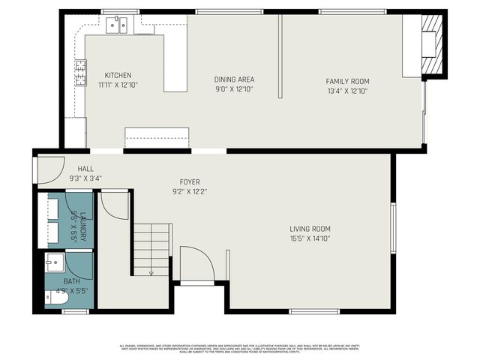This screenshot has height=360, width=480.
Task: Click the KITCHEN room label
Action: tap(118, 75)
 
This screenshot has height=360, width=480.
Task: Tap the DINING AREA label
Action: tap(234, 79)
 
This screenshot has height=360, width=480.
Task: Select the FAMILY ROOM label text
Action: tap(347, 81)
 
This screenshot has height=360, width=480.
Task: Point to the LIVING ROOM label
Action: tap(310, 229)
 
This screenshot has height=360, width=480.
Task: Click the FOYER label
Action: tap(189, 181)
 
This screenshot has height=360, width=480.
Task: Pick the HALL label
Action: tap(85, 169)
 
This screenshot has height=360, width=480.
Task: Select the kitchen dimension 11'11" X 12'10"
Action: tap(118, 85)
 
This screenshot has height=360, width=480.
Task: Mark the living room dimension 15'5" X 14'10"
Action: tap(310, 238)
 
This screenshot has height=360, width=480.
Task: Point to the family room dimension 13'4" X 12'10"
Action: tap(347, 91)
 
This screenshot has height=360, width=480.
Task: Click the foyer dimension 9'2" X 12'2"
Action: tap(189, 191)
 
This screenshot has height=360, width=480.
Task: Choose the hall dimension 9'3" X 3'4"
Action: tap(85, 178)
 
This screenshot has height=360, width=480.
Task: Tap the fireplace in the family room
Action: tap(430, 45)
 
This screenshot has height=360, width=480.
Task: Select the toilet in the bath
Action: tap(56, 298)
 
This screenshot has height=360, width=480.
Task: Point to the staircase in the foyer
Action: tap(151, 248)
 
